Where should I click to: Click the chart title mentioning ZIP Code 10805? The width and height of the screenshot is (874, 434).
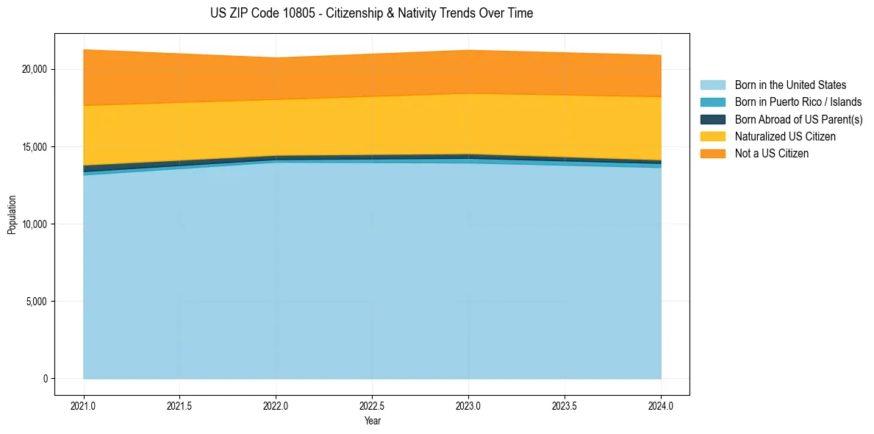(371, 13)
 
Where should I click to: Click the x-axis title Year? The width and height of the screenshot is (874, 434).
(372, 421)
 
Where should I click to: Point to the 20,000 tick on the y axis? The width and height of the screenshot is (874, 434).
(34, 69)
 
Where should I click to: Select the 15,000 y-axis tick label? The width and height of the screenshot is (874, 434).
(34, 146)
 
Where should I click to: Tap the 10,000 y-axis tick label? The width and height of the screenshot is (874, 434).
(34, 224)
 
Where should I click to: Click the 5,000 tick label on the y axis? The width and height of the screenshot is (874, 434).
(36, 301)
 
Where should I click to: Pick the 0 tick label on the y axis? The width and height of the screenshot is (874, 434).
(44, 379)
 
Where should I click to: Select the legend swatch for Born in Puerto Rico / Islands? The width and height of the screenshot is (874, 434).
(712, 102)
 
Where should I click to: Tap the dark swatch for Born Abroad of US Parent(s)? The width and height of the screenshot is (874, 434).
(712, 119)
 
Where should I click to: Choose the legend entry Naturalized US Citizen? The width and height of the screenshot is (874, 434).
(785, 137)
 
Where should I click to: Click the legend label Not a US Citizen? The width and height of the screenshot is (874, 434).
(771, 154)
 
